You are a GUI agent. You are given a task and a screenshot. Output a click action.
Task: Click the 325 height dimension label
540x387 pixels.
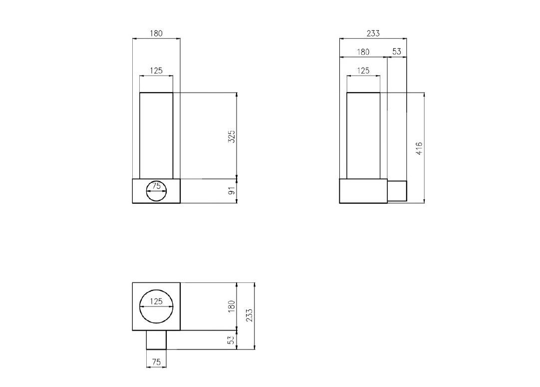click(232, 136)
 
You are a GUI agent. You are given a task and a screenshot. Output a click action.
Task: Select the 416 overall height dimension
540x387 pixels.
click(419, 148)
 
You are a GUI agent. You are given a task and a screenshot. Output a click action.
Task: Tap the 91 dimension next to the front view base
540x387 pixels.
click(233, 190)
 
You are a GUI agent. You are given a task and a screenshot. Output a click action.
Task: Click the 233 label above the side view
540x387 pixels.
click(373, 33)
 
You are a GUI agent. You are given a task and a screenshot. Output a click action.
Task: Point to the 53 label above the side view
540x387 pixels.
click(397, 51)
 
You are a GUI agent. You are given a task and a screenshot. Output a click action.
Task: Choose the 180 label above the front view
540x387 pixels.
click(156, 33)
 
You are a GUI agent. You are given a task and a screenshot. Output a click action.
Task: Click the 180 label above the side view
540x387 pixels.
click(363, 52)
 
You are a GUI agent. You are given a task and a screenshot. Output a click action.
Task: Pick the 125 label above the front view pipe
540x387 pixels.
click(156, 70)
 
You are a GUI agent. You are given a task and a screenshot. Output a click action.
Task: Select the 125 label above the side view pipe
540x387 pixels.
click(363, 70)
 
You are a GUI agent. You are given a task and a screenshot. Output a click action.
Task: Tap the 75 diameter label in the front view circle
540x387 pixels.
click(156, 186)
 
